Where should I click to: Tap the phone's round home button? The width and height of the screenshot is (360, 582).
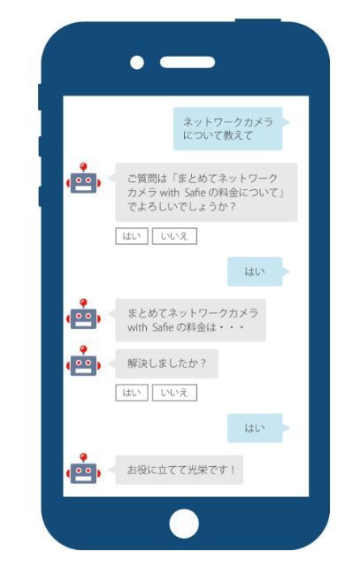(x=184, y=524)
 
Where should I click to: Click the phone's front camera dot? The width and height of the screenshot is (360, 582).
(x=137, y=62)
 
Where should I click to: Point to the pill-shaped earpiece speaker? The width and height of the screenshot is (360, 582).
(x=188, y=62)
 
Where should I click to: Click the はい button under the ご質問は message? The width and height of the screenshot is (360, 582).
(x=132, y=236)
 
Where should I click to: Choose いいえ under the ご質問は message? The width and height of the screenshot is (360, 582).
(x=174, y=236)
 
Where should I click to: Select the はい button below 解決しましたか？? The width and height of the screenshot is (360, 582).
(x=132, y=393)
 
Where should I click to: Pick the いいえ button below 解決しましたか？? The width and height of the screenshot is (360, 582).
(x=174, y=393)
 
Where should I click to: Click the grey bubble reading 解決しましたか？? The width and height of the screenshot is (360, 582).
(x=165, y=364)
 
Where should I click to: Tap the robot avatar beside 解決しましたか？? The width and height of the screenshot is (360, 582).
(x=83, y=361)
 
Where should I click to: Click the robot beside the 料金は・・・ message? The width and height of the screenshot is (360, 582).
(x=83, y=314)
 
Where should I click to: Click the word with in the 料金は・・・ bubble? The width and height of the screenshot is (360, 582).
(x=137, y=327)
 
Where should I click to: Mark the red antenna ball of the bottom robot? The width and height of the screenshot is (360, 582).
(x=83, y=456)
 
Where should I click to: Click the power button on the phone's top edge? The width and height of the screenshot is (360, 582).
(x=258, y=20)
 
